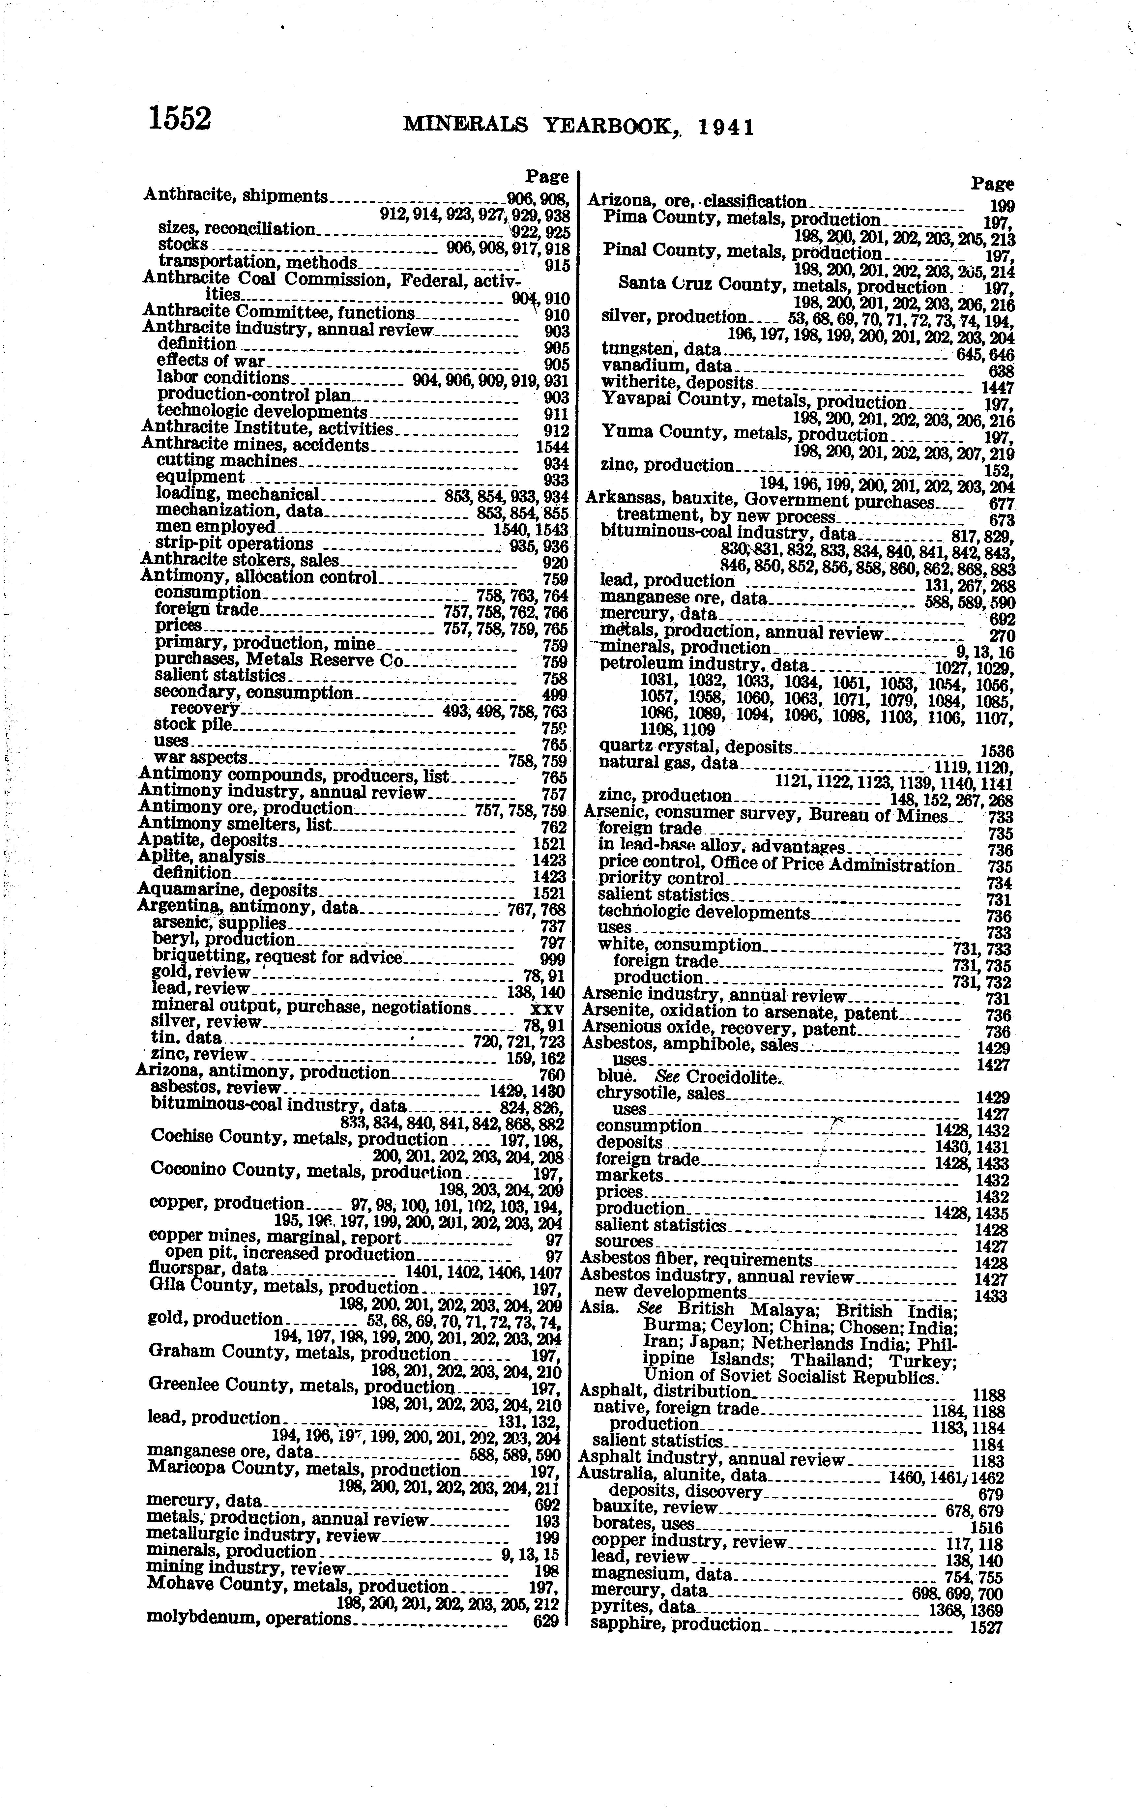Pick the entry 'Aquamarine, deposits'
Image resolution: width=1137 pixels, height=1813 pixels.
point(228,892)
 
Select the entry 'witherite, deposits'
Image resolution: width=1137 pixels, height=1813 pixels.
point(677,382)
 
